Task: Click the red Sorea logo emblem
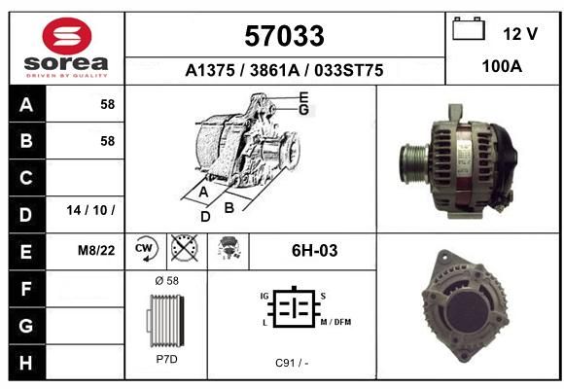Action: pos(67,36)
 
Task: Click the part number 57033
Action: pos(284,36)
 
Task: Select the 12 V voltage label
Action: pos(520,34)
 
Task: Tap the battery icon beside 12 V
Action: pos(469,28)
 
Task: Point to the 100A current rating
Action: pos(502,66)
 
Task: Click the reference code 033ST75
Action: pos(348,70)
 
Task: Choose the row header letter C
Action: pos(26,178)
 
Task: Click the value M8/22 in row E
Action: pos(96,251)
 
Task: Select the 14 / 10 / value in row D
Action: pos(90,210)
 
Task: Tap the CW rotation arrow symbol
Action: pos(146,248)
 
